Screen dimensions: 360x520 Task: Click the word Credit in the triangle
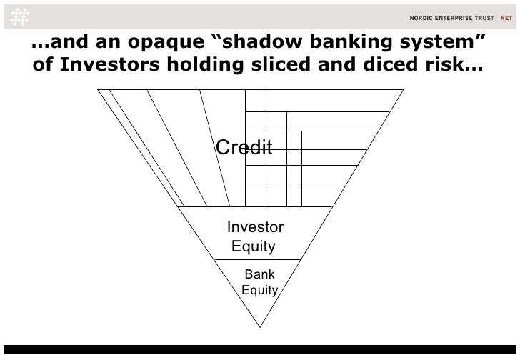tap(244, 148)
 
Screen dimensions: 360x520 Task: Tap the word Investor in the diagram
tap(255, 228)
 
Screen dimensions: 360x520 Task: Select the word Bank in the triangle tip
tap(259, 274)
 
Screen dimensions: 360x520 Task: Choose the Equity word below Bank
tap(259, 290)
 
